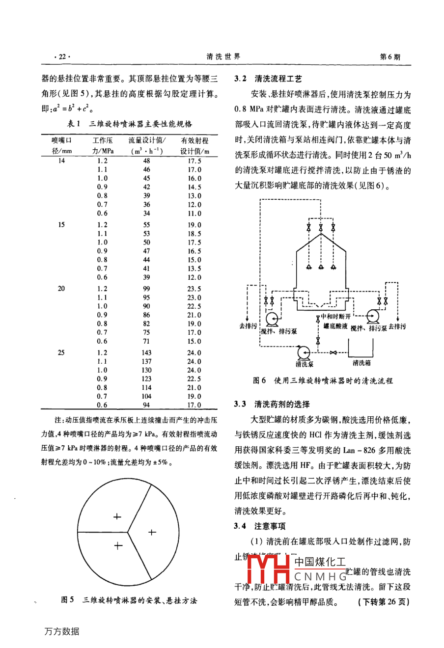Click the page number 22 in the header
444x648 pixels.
tap(62, 57)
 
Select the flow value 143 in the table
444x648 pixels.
tap(146, 352)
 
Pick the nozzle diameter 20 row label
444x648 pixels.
tap(61, 289)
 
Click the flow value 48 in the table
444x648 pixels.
tap(146, 161)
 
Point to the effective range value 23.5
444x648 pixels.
tap(194, 289)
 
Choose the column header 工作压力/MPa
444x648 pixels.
tap(103, 146)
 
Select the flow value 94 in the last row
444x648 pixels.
tap(146, 405)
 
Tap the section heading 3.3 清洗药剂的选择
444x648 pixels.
tap(272, 404)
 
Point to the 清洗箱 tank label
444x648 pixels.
tap(361, 363)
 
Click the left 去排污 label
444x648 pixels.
tap(248, 326)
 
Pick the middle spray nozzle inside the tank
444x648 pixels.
tap(321, 268)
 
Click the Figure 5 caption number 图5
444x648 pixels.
tap(67, 600)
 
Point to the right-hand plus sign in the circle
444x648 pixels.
tap(152, 532)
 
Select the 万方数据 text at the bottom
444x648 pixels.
tap(61, 631)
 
